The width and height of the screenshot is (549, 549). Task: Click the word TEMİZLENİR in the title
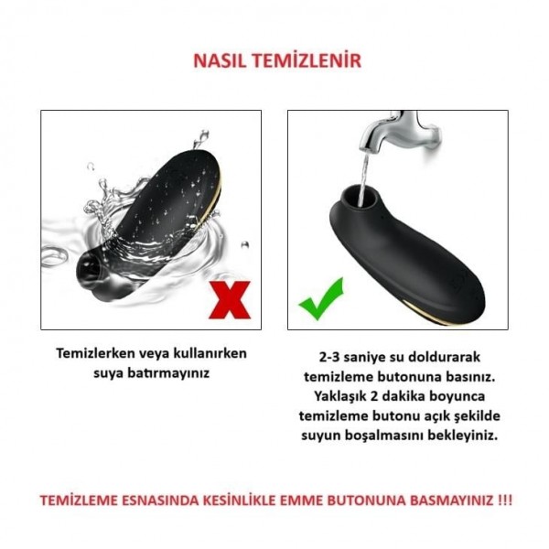point(308,61)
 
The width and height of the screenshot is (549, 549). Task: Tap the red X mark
point(229,300)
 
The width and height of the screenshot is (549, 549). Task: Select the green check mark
point(320,298)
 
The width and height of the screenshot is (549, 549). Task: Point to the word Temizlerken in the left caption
point(98,354)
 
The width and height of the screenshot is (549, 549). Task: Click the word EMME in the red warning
point(332,501)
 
